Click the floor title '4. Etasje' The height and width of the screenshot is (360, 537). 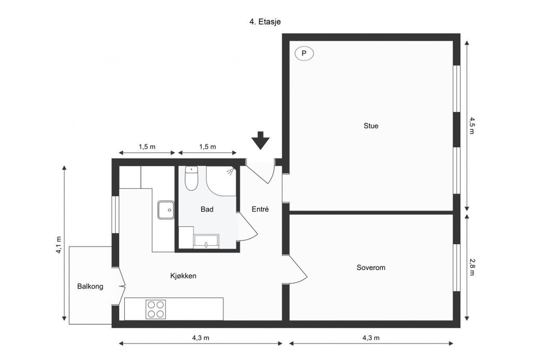tap(265, 22)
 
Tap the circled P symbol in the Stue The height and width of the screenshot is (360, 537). tap(304, 54)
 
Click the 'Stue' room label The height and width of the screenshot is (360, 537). tap(371, 126)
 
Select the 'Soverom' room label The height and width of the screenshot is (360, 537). tap(371, 268)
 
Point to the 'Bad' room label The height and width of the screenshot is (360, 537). tap(207, 210)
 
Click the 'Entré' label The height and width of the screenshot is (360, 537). tap(260, 209)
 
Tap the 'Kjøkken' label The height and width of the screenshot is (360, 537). tap(183, 276)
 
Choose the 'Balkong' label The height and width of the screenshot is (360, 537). tap(90, 287)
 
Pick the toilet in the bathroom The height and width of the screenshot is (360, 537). tap(191, 178)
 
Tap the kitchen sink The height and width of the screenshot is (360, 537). tap(165, 210)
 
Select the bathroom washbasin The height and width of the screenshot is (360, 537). tap(206, 242)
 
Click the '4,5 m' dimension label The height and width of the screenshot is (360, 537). tap(472, 125)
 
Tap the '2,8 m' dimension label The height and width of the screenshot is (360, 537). tap(472, 267)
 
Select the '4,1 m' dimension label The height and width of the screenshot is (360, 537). tap(59, 245)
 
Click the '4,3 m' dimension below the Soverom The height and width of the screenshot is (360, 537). tap(371, 338)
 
